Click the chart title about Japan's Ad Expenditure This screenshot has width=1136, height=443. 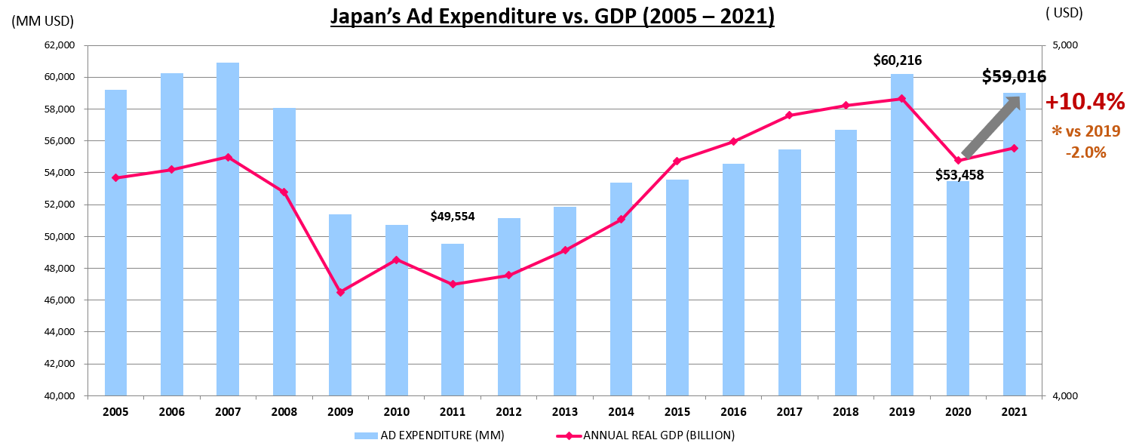click(x=552, y=17)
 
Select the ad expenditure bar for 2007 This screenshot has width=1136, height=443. click(x=228, y=226)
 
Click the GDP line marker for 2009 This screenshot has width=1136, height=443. click(x=340, y=292)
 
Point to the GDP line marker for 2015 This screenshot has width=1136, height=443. click(x=677, y=161)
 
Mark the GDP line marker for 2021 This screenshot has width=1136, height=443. click(x=1015, y=148)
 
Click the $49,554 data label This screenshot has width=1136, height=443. click(x=453, y=217)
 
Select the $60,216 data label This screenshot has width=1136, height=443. click(x=898, y=60)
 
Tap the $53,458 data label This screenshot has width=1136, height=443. click(x=959, y=175)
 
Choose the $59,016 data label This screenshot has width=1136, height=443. click(x=1014, y=76)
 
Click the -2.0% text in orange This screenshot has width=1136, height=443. click(x=1085, y=152)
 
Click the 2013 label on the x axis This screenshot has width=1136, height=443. click(x=564, y=412)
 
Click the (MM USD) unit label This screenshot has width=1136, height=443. click(x=43, y=20)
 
